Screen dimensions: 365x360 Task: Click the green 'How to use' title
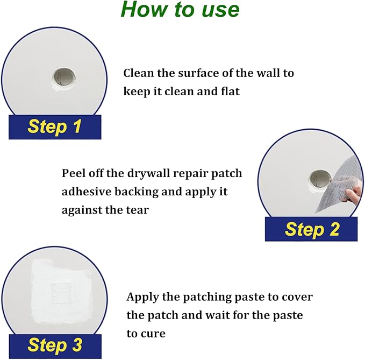point(180,9)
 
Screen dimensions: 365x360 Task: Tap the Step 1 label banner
point(55,127)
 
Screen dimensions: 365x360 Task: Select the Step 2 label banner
point(311,229)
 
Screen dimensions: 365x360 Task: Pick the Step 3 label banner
point(55,346)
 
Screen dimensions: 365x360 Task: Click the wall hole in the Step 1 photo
point(64,77)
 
